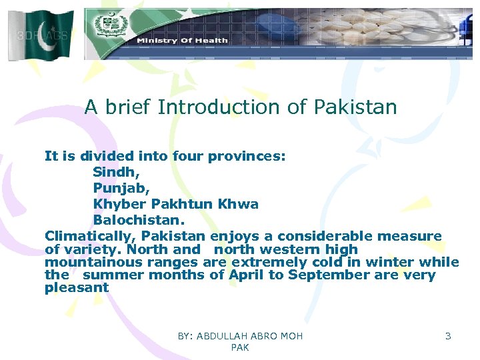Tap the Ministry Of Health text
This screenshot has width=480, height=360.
[182, 41]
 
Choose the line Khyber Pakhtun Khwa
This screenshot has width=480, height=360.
[176, 204]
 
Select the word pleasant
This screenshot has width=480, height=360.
[77, 288]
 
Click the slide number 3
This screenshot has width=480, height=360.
[448, 336]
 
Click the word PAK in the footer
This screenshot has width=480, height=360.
[239, 348]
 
